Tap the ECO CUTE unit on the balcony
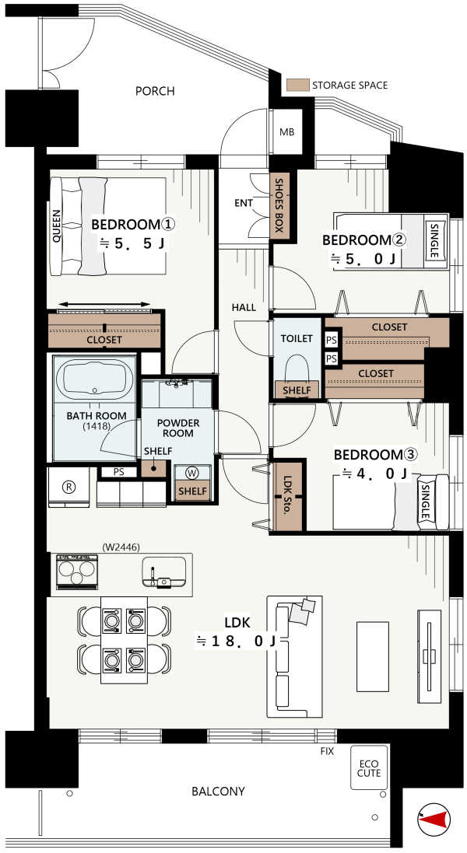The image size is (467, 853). click(x=369, y=767)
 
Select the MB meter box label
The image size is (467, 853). click(x=287, y=132)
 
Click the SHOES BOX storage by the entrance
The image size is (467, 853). click(x=279, y=205)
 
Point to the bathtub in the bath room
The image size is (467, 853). click(x=95, y=379)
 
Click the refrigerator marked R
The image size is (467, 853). click(x=68, y=487)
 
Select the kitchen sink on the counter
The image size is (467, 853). click(x=163, y=573)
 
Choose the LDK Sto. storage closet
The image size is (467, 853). click(x=287, y=495)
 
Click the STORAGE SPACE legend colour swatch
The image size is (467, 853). click(x=297, y=85)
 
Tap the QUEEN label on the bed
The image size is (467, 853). click(x=56, y=225)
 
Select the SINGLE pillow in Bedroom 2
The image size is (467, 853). click(x=434, y=240)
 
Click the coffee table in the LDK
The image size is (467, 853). click(x=373, y=656)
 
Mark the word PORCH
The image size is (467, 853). click(x=155, y=91)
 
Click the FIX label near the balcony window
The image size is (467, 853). click(x=327, y=751)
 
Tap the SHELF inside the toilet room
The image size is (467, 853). click(x=297, y=390)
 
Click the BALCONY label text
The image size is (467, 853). click(x=218, y=791)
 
